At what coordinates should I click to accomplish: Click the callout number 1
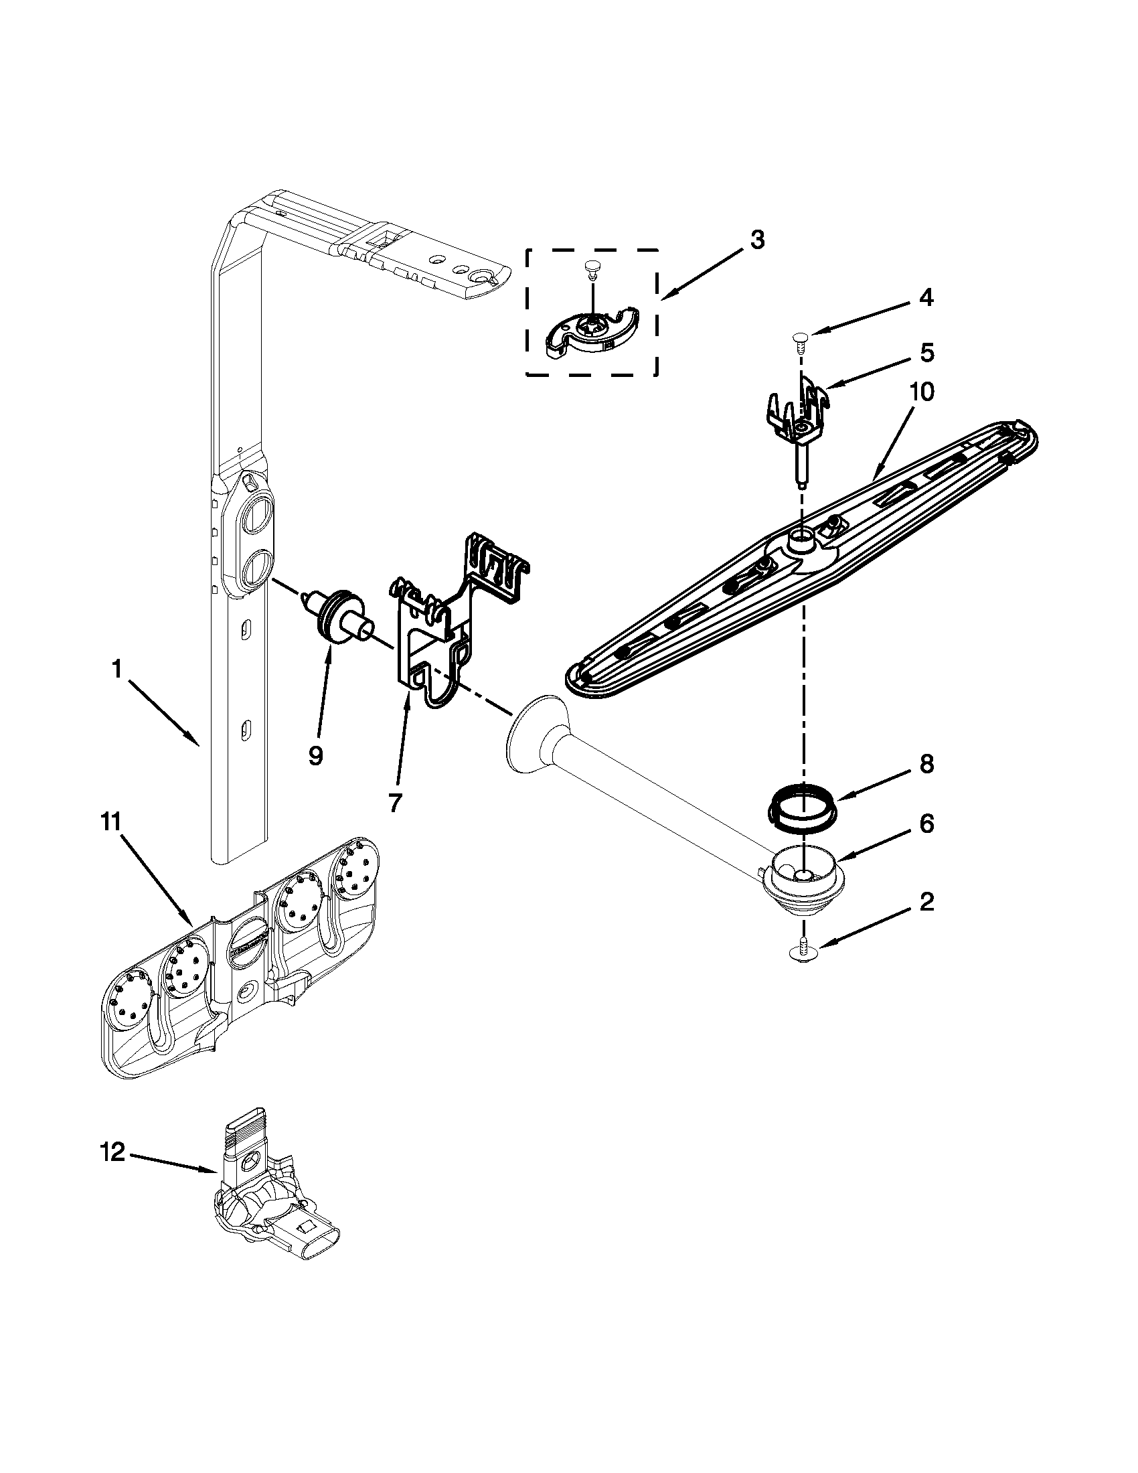point(116,670)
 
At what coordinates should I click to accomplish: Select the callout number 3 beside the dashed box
point(757,240)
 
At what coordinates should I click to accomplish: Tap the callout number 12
point(112,1153)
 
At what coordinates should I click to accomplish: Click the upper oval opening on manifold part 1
point(257,519)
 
